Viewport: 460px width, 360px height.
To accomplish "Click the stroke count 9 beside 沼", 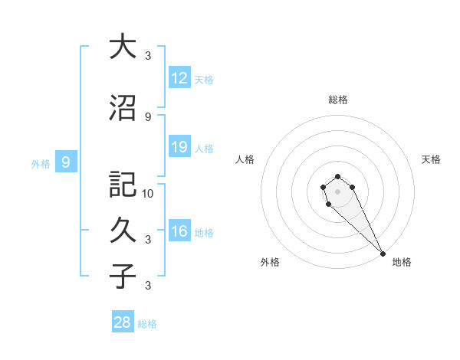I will click(148, 116).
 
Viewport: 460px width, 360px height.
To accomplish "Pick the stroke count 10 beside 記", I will click(148, 193).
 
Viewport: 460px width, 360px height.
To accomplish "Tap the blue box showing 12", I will click(179, 78).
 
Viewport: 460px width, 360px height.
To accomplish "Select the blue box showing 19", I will click(179, 147).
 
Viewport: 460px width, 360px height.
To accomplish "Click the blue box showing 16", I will click(179, 231).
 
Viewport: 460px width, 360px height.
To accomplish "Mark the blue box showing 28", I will click(123, 322).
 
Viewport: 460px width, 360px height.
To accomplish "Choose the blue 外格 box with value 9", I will click(67, 162).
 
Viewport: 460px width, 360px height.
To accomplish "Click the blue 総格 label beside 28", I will click(148, 324).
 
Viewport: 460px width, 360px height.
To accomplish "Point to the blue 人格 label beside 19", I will click(204, 148).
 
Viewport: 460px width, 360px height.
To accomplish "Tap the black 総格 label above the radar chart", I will click(338, 100).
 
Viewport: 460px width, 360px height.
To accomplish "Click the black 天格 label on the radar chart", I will click(431, 159).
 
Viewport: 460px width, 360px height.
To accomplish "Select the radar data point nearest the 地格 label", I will click(383, 254).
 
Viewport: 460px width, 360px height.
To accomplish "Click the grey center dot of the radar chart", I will click(338, 191).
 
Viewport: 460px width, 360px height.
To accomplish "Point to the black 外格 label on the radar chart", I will click(270, 262).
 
